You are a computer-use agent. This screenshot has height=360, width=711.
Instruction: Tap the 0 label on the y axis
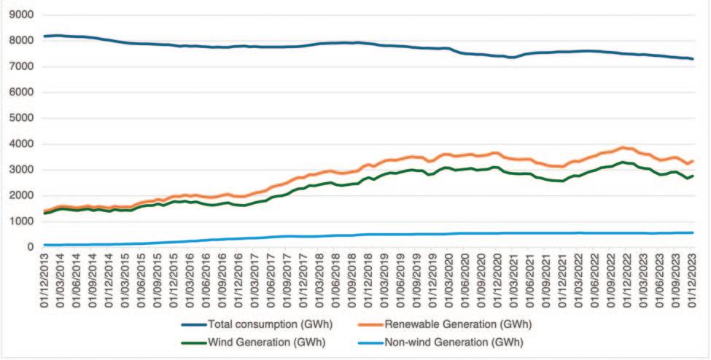31,248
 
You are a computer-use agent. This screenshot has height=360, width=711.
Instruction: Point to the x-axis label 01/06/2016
208,279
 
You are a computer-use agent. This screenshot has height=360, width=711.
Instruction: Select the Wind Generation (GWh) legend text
257,341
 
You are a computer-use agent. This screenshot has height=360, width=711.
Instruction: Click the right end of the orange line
693,161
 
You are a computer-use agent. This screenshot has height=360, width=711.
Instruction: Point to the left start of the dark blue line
45,36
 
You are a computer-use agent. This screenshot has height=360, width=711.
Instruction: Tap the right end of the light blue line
693,232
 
